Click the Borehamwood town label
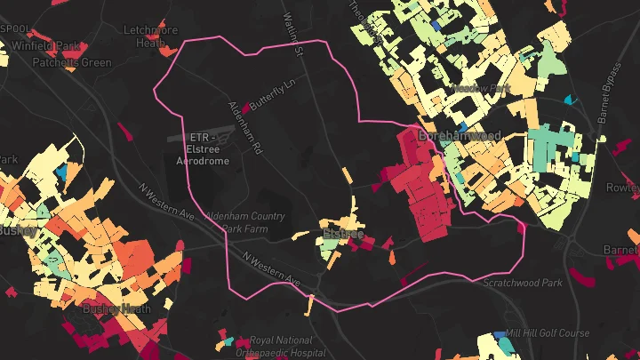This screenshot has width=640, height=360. pyautogui.click(x=460, y=136)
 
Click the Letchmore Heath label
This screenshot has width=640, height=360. pyautogui.click(x=151, y=36)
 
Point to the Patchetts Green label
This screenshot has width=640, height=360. pyautogui.click(x=72, y=62)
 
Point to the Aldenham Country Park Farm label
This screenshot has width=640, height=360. pyautogui.click(x=244, y=222)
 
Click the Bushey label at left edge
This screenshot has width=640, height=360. pyautogui.click(x=16, y=230)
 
